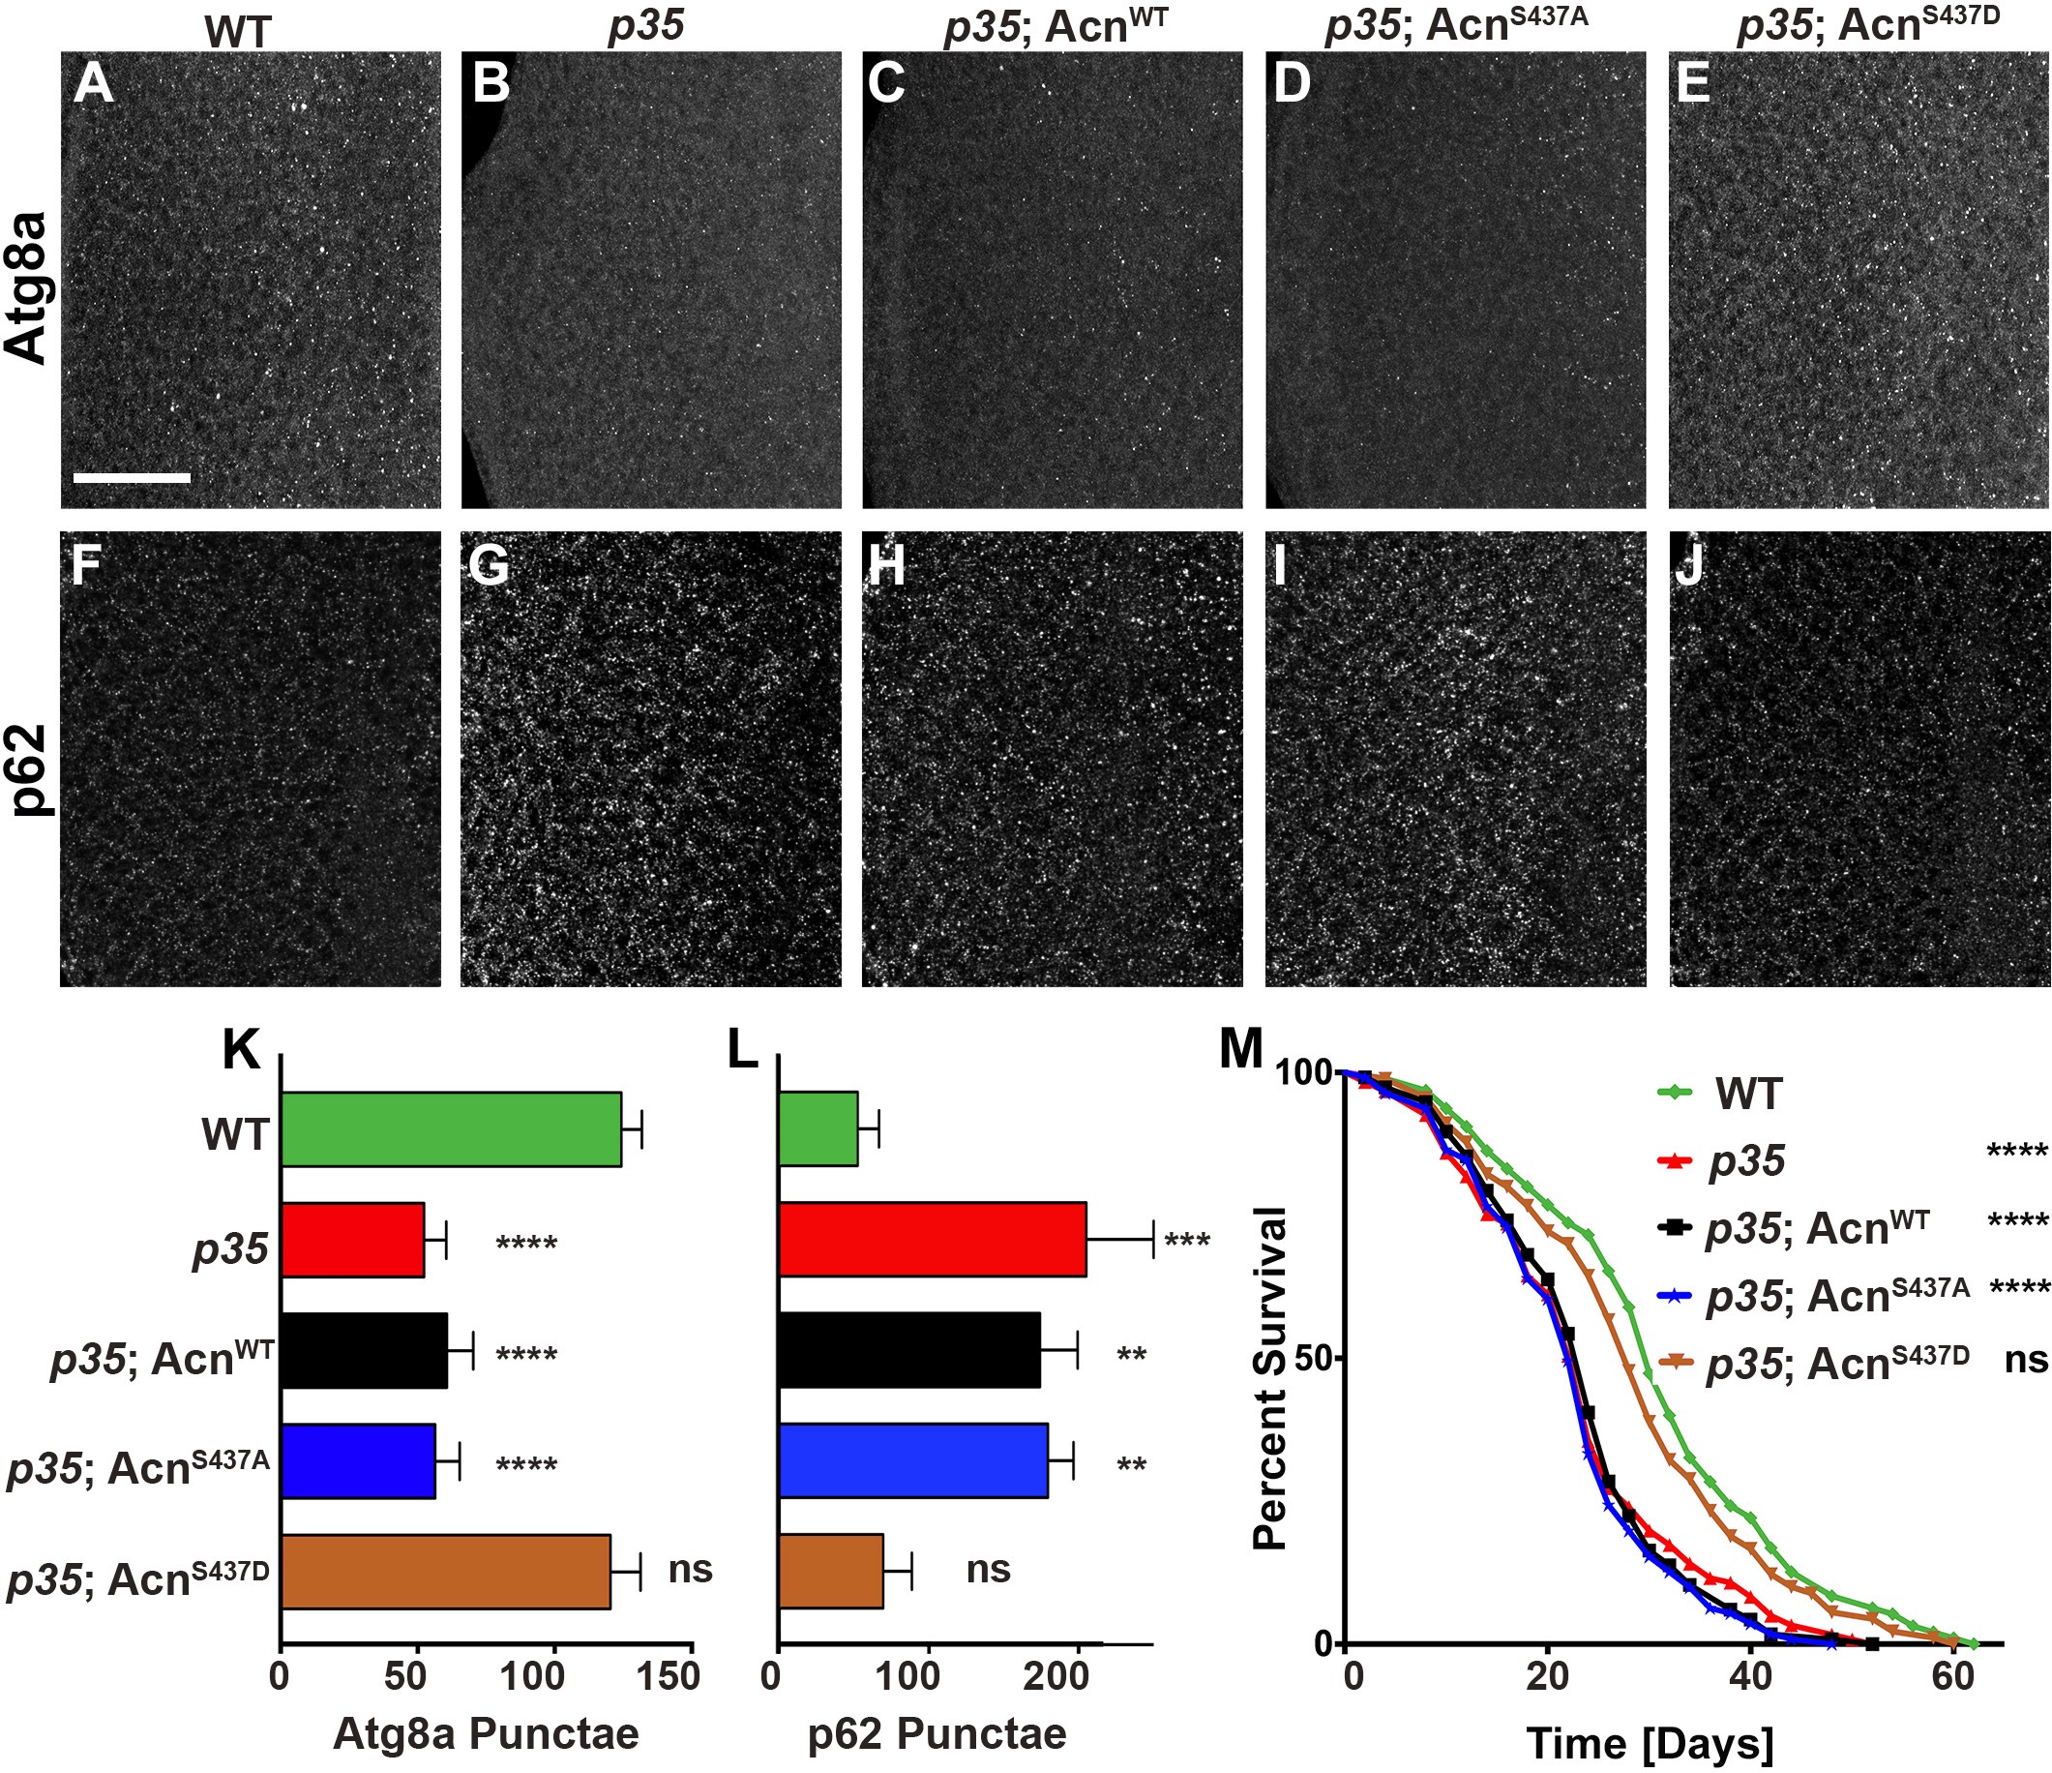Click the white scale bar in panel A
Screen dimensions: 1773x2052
click(131, 477)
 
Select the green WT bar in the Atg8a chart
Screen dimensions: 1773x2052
click(451, 1129)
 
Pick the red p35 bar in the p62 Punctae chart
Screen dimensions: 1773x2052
click(932, 1239)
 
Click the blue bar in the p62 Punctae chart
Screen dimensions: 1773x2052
click(912, 1461)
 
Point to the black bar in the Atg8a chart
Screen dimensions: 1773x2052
click(364, 1350)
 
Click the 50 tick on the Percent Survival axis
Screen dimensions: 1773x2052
click(1305, 1358)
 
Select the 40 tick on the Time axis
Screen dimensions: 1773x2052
click(1750, 1677)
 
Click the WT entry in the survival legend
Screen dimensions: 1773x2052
click(1748, 1095)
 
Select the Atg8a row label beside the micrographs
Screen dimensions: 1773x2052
click(27, 287)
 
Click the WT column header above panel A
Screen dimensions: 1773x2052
click(238, 33)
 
